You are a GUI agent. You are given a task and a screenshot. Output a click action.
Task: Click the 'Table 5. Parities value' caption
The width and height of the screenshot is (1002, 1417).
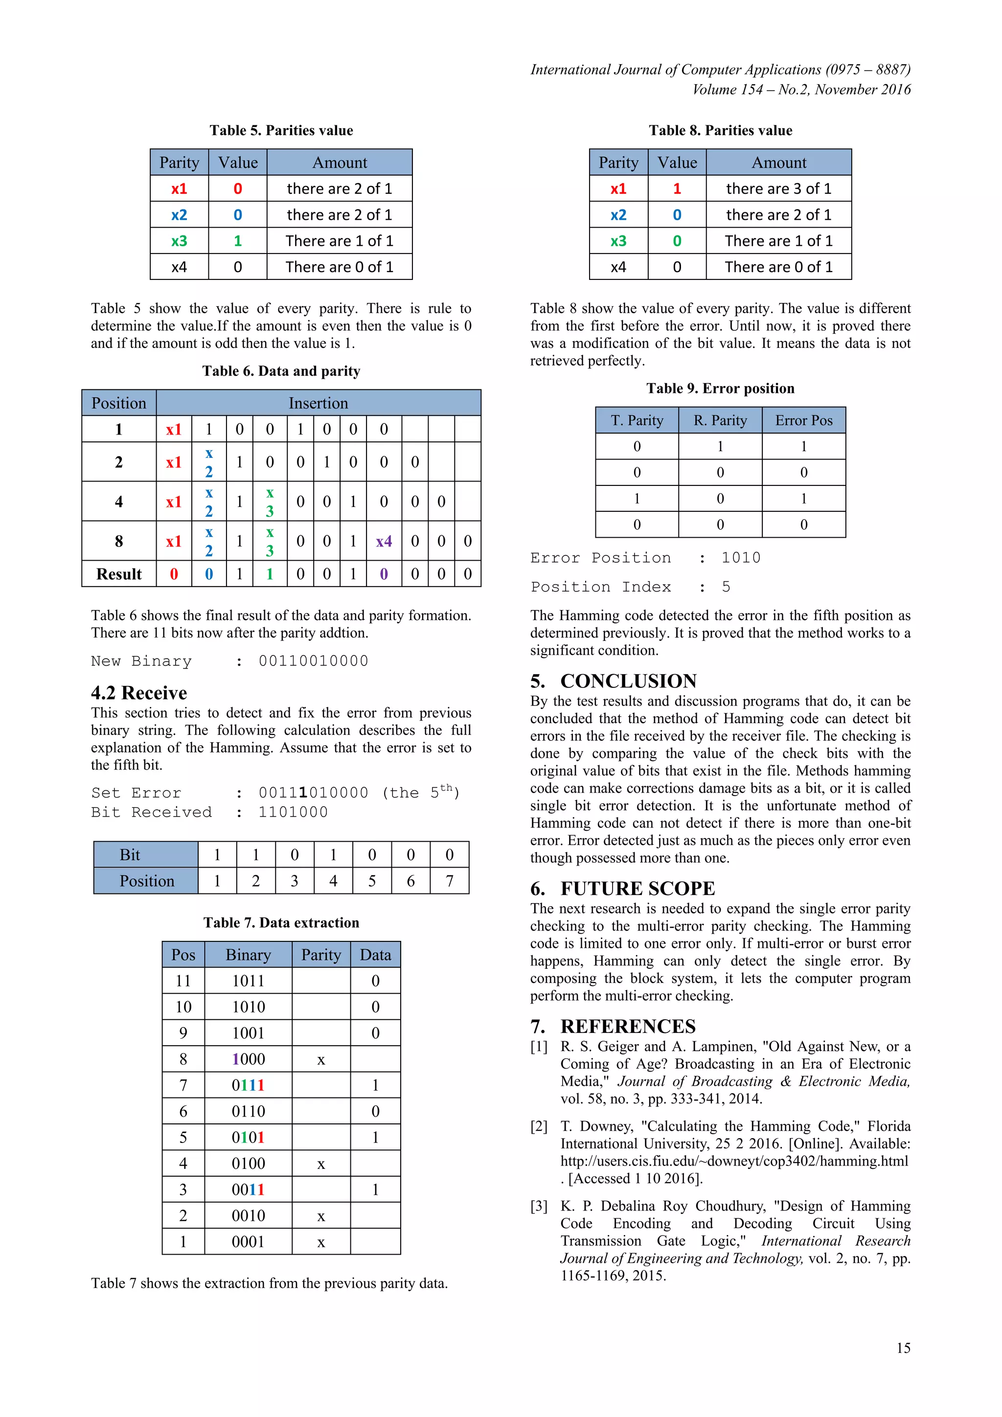click(281, 130)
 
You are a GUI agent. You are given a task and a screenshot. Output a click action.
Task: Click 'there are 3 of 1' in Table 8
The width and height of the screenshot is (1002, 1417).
click(778, 189)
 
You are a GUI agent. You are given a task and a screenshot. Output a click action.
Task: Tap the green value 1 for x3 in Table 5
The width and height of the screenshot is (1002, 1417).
click(238, 241)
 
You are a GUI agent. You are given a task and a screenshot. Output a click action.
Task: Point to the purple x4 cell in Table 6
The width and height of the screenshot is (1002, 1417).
click(384, 541)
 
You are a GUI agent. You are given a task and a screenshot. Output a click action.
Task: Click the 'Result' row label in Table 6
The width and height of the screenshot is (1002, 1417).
click(118, 574)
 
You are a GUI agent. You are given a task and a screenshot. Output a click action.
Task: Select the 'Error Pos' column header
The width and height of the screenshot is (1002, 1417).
click(803, 420)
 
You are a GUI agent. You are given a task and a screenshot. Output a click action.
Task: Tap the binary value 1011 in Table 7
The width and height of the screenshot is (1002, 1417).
click(248, 981)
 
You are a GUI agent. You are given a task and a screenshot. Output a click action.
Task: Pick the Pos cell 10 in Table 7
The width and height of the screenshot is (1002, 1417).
click(183, 1006)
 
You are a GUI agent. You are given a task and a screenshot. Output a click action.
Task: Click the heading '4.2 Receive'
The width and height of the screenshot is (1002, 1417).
click(139, 692)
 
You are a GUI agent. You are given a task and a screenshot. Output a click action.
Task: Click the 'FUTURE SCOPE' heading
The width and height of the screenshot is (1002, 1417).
click(638, 888)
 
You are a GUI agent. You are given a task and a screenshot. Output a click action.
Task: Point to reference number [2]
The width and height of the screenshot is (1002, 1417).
click(539, 1126)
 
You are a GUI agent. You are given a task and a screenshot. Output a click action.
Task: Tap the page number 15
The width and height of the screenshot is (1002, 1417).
click(903, 1348)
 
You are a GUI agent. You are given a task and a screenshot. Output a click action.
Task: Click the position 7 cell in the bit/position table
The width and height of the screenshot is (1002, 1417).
click(449, 881)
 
